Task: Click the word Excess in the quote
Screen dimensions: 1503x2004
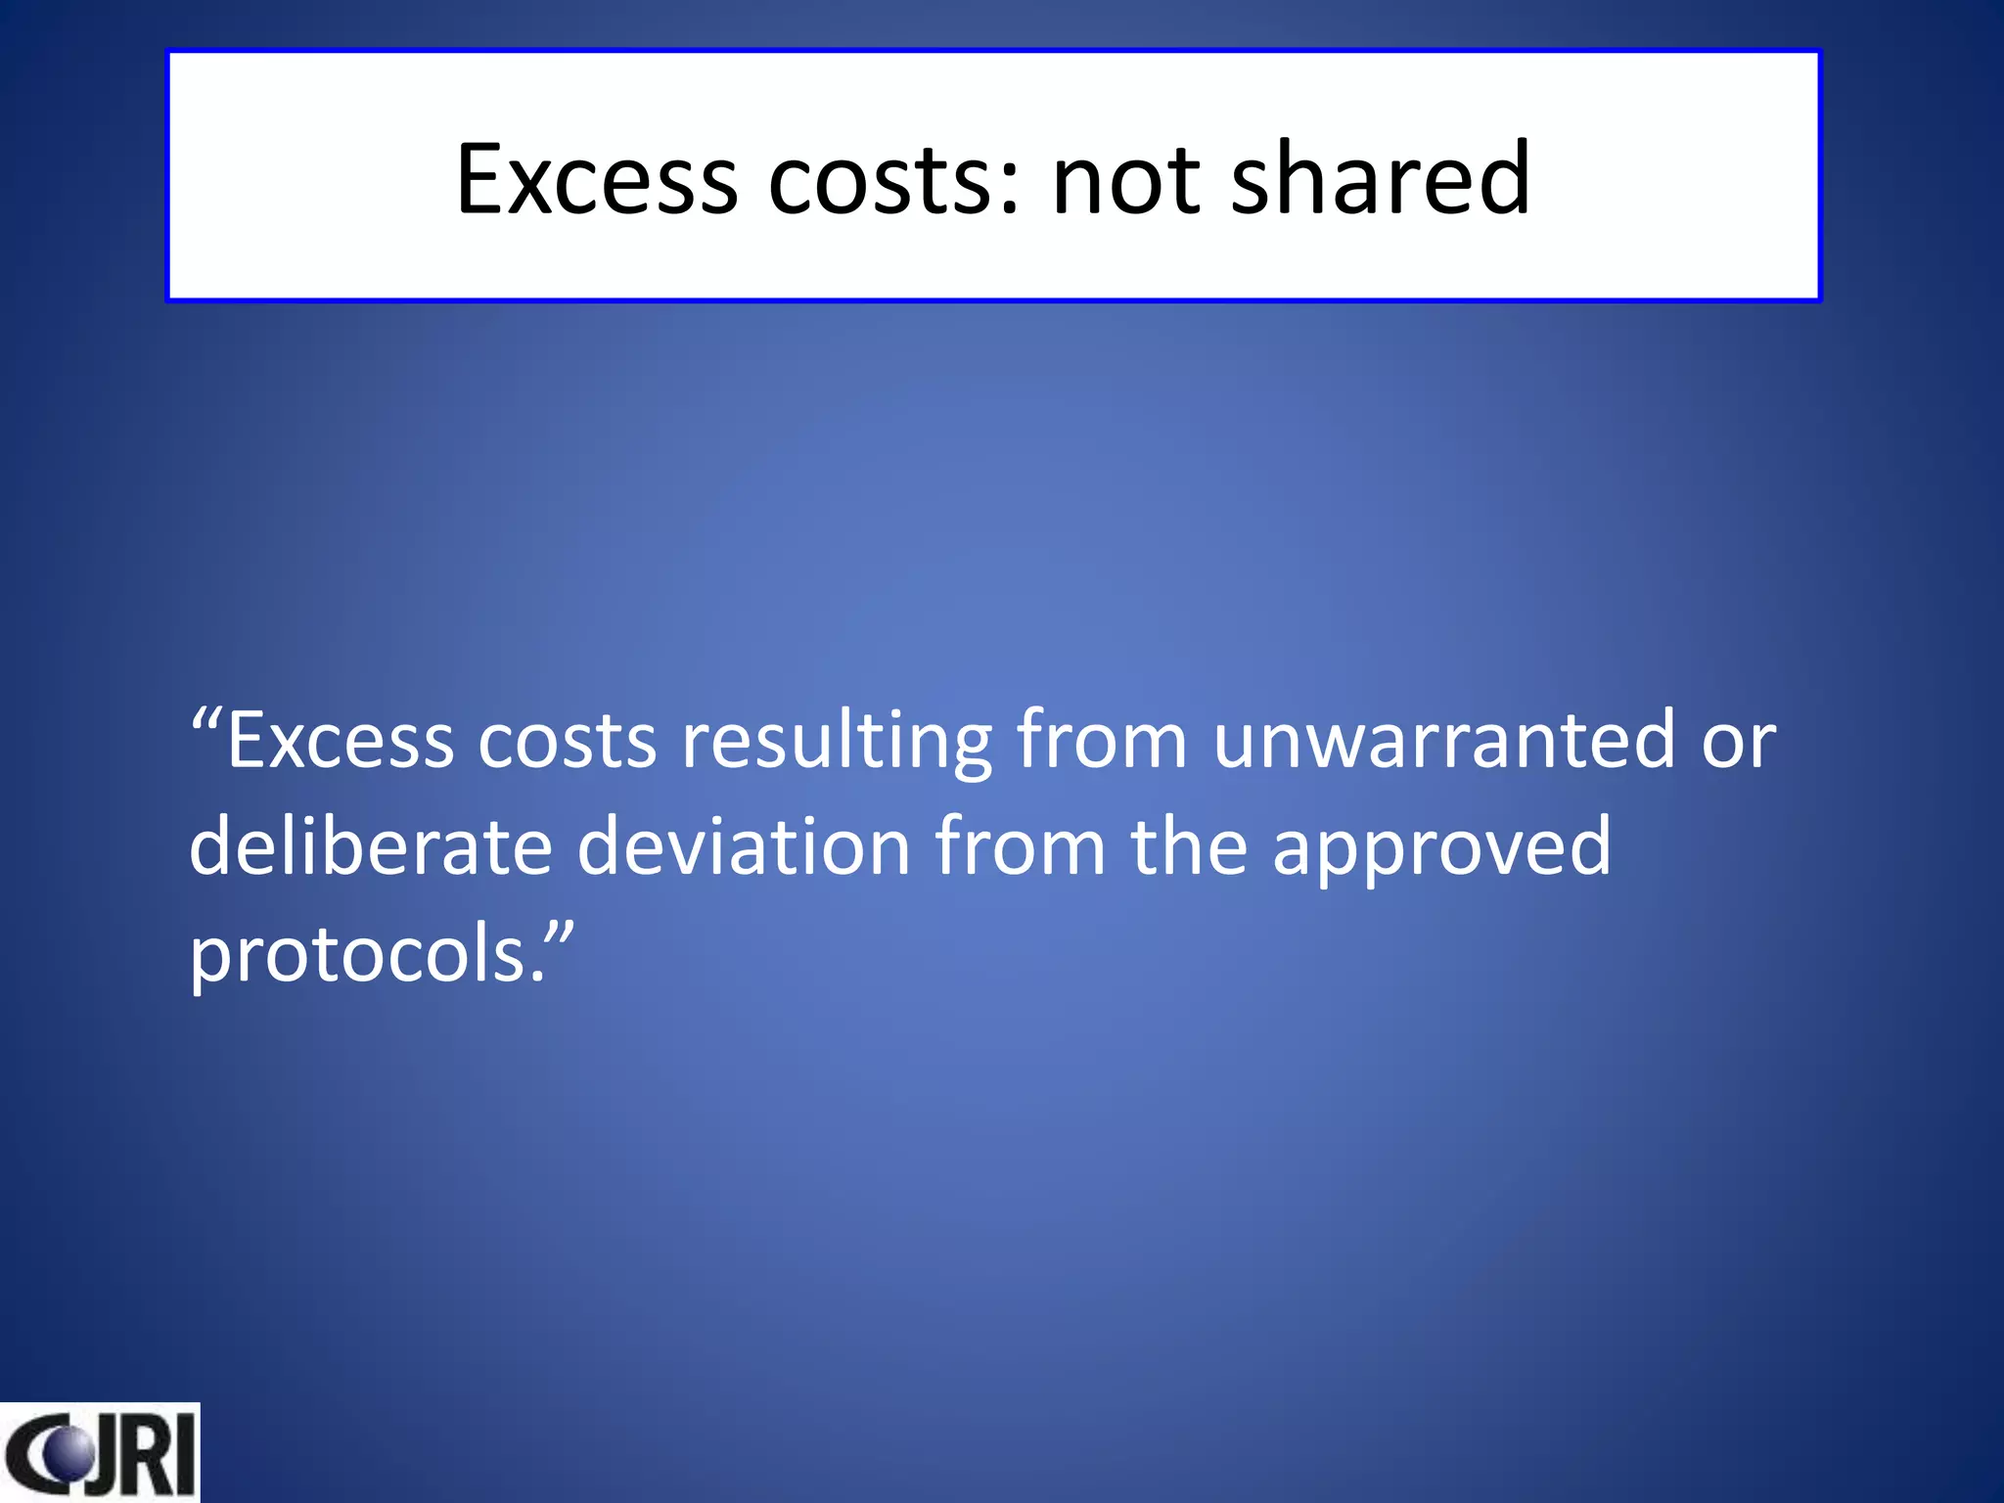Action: click(x=341, y=741)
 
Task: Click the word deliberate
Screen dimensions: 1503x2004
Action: click(x=371, y=846)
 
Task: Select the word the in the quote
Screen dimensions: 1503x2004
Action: click(x=1189, y=846)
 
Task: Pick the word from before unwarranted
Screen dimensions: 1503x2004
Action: click(x=1102, y=741)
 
